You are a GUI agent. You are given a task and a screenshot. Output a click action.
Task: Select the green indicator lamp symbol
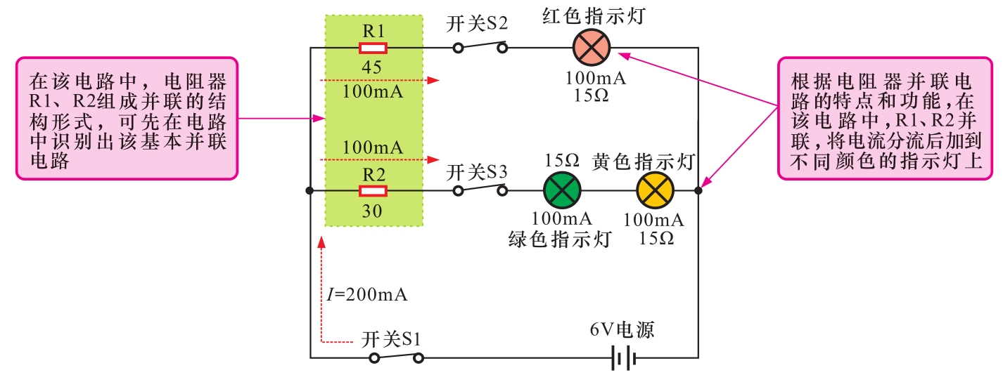[563, 190]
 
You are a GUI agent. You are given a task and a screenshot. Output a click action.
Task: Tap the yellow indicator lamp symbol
[655, 190]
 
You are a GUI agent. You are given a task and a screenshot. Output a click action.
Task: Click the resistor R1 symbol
[373, 48]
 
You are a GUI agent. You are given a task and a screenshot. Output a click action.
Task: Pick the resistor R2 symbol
[373, 191]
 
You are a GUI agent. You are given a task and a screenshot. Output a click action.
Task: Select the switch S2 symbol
[480, 48]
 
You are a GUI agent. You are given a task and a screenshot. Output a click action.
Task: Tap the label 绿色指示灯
[559, 239]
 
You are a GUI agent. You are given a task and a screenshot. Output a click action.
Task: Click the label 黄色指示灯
[644, 162]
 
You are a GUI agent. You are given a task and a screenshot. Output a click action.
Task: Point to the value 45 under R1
[373, 68]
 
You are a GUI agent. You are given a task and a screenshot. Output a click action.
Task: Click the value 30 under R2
[373, 211]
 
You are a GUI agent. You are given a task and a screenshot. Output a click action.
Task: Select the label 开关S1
[392, 340]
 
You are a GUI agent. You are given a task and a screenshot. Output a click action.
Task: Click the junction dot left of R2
[310, 191]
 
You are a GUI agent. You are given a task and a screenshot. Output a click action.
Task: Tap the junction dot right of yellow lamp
[698, 190]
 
